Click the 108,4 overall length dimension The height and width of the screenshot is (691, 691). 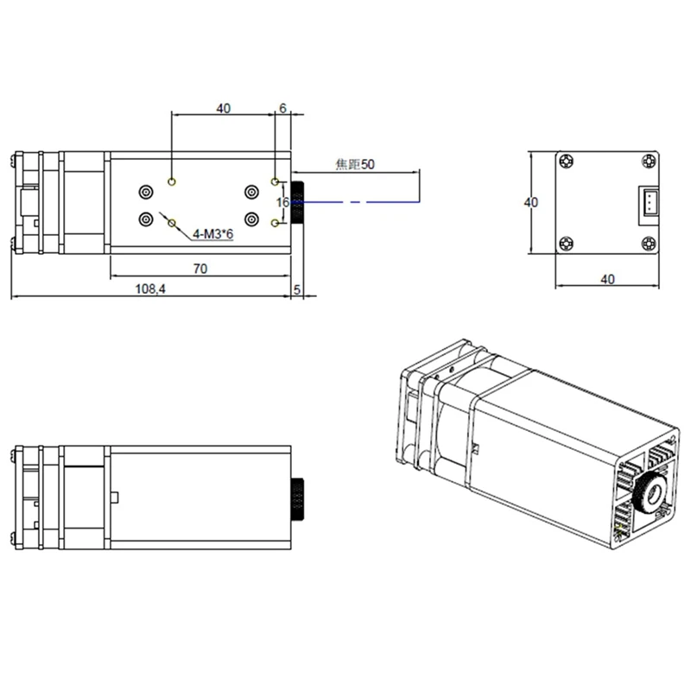pyautogui.click(x=150, y=289)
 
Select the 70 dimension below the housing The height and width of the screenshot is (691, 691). pyautogui.click(x=200, y=269)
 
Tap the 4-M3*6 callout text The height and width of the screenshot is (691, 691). pyautogui.click(x=212, y=234)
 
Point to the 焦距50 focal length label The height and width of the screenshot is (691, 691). pyautogui.click(x=355, y=164)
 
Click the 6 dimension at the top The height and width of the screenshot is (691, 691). pyautogui.click(x=283, y=108)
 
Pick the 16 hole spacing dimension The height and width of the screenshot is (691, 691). pyautogui.click(x=283, y=202)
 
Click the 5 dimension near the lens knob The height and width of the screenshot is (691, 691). pyautogui.click(x=297, y=289)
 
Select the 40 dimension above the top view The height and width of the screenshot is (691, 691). pyautogui.click(x=224, y=109)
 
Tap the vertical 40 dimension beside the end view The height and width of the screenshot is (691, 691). pyautogui.click(x=530, y=202)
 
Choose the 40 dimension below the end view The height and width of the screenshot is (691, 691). pyautogui.click(x=607, y=279)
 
